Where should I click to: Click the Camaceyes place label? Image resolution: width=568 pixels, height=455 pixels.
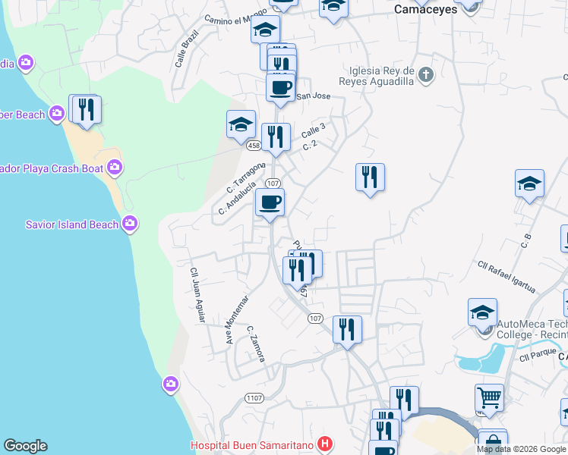(426, 10)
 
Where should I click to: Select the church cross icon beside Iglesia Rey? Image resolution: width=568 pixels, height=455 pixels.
(426, 74)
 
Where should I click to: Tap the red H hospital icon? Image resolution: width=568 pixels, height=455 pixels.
(326, 444)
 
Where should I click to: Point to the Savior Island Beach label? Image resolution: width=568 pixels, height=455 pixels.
(72, 224)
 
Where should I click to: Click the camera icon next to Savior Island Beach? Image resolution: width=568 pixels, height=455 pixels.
(130, 223)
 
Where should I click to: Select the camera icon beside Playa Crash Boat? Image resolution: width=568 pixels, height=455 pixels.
(115, 166)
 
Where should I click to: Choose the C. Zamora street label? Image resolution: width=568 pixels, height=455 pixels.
(255, 344)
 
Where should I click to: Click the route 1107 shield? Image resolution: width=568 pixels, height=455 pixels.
(254, 398)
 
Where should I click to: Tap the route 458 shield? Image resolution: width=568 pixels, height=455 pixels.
(254, 145)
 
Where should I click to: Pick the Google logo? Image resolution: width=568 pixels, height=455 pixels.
(25, 446)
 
